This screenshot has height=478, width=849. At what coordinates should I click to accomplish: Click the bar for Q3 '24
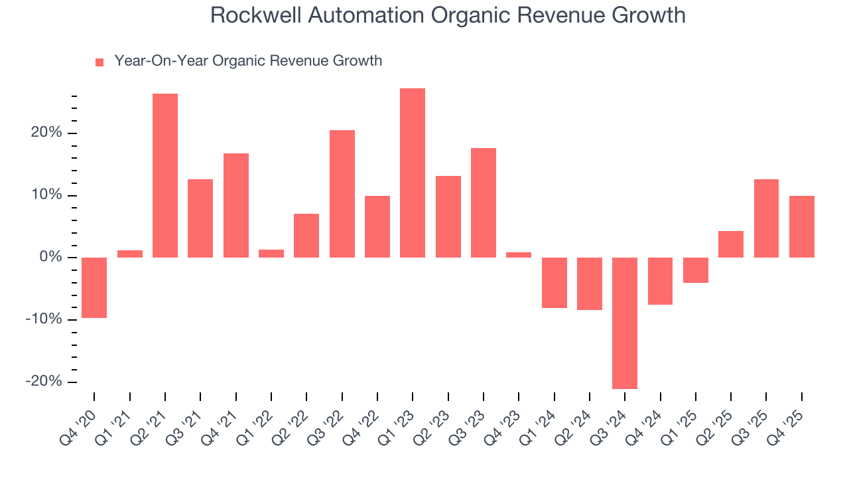point(625,323)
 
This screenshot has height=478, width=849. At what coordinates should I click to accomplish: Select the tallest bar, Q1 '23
point(413,173)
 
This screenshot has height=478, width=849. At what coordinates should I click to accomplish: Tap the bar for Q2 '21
point(165,175)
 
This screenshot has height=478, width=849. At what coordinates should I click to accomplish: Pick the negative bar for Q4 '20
point(94,287)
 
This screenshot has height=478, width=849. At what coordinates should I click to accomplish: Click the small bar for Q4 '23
point(519,254)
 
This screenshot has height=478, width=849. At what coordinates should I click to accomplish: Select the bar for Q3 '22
point(342,193)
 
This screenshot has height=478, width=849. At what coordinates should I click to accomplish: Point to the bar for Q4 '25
point(801,226)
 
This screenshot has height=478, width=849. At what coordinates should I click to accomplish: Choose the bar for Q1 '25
point(696,270)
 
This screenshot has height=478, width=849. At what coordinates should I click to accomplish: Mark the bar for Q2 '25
point(731,244)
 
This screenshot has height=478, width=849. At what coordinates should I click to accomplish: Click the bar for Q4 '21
point(236,205)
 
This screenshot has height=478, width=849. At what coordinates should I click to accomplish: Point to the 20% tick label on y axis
point(46,133)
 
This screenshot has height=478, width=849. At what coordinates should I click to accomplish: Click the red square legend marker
point(99,62)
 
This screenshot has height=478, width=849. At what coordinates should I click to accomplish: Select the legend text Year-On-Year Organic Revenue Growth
point(248,61)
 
